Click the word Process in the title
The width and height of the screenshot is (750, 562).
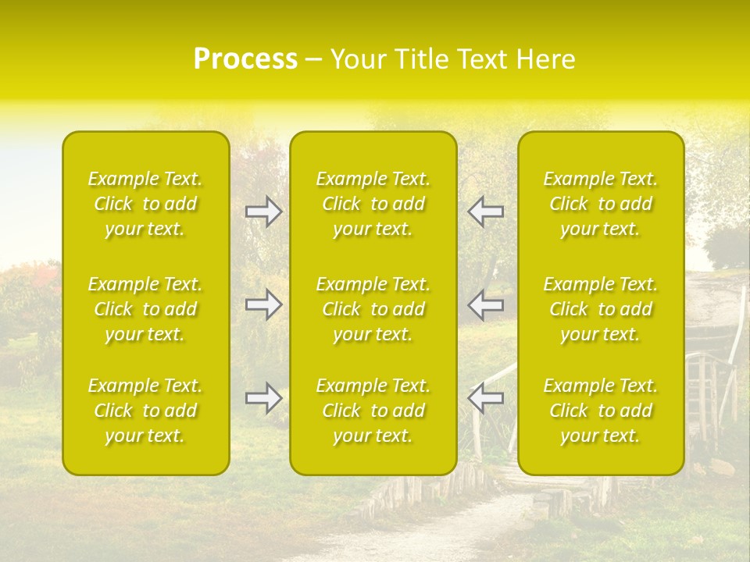[x=245, y=59]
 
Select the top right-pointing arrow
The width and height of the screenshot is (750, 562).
[x=263, y=212]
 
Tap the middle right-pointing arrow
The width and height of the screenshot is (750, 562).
[x=263, y=304]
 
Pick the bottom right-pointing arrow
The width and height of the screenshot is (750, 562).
[x=263, y=398]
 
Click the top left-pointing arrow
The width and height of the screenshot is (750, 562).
[x=485, y=212]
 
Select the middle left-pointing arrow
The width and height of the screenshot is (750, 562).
[x=485, y=304]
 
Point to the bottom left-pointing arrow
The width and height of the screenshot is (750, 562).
[x=485, y=398]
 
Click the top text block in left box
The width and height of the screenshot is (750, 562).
[x=145, y=204]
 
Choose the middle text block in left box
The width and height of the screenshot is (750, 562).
[x=145, y=309]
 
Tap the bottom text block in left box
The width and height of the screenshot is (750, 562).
[x=145, y=411]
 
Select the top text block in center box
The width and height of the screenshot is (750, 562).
[x=373, y=204]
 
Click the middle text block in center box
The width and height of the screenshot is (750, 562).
[x=373, y=309]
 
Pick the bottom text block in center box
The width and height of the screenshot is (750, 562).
[x=373, y=411]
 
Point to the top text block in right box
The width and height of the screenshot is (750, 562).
[x=601, y=204]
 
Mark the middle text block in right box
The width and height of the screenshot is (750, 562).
[x=601, y=309]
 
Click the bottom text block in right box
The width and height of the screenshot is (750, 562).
[x=601, y=411]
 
